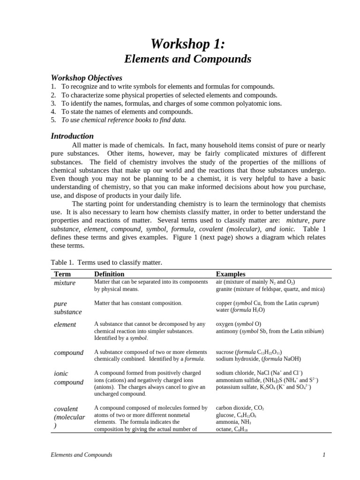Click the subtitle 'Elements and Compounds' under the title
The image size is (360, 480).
point(187,59)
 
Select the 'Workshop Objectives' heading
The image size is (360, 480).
point(86,78)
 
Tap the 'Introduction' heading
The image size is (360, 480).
point(72,136)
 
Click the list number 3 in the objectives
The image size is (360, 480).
point(53,103)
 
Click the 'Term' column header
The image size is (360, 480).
point(62,274)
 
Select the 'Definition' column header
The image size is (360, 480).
point(109,274)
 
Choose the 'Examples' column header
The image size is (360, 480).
point(230,274)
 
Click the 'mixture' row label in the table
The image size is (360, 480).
point(65,283)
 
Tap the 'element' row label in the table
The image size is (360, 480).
point(65,324)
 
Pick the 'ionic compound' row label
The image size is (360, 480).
point(69,378)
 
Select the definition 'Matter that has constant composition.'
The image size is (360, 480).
point(138,303)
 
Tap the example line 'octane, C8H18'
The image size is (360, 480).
point(232,429)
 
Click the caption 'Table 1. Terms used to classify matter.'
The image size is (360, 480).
point(106,262)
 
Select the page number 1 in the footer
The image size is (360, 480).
point(324,455)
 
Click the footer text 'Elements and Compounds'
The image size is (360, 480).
point(81,455)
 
